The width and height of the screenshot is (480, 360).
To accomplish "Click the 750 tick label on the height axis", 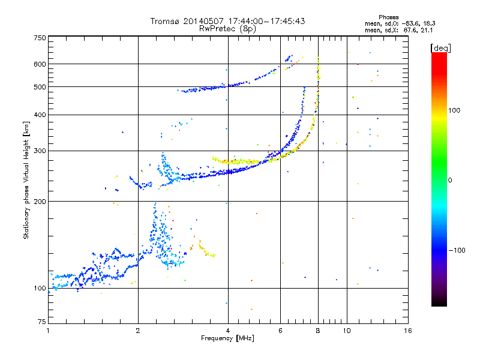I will coord(40,37).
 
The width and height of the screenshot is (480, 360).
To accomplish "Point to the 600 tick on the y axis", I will coord(40,64).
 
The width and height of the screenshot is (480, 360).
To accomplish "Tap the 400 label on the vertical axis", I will coord(40,115).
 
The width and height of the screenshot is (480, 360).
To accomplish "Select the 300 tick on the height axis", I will coord(40,151).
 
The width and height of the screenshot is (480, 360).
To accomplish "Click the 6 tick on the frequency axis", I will coord(280,331).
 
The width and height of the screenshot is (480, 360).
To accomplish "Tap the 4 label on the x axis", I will coord(227,331).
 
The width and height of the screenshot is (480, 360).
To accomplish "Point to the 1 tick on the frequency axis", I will coord(48,331).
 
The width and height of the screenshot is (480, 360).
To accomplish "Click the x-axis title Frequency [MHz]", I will coord(227,339).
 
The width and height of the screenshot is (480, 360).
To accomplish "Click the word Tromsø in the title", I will coord(164,21).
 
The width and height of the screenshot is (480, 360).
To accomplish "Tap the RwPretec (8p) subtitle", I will coord(227,28).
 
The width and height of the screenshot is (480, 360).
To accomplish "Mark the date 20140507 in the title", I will coord(205,21).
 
